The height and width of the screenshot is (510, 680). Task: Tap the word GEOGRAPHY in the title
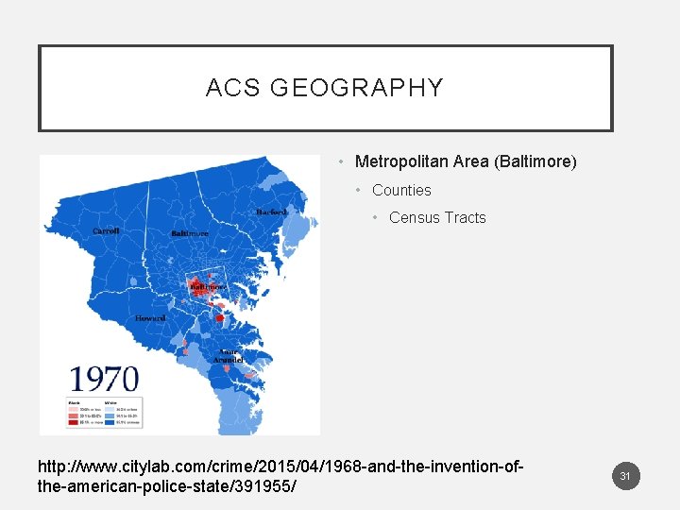point(356,88)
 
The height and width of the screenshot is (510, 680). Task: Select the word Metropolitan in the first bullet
point(401,161)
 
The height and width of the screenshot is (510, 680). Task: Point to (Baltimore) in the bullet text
point(535,161)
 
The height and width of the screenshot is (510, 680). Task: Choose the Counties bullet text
point(401,190)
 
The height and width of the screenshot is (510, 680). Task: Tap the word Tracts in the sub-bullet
point(465,217)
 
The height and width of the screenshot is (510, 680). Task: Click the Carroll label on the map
point(106,230)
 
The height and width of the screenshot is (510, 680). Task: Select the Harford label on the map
point(271,212)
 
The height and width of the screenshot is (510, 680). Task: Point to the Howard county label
point(150,318)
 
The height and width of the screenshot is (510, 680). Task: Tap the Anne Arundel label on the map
point(232,355)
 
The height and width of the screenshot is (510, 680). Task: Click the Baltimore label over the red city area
point(207,284)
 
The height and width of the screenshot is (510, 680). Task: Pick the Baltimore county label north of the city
point(190,232)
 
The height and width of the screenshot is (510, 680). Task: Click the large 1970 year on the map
point(104,379)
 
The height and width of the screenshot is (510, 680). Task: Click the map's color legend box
point(104,412)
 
